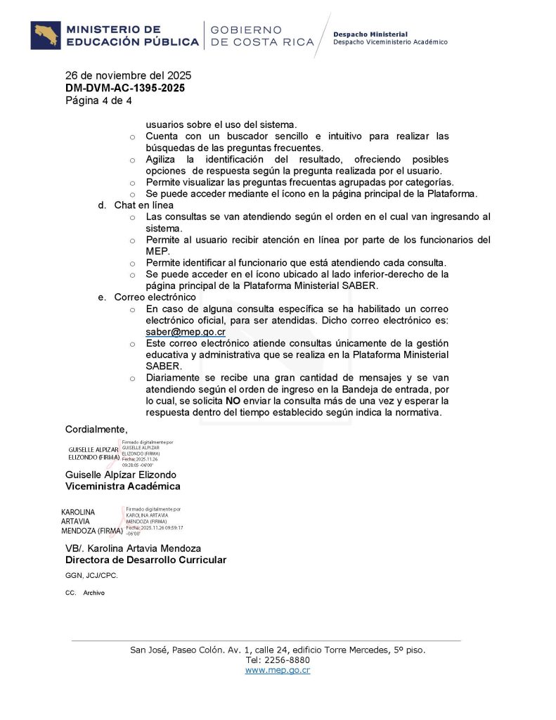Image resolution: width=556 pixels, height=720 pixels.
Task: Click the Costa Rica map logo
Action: click(x=45, y=36)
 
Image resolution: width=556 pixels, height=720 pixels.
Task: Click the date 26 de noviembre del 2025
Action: click(x=128, y=75)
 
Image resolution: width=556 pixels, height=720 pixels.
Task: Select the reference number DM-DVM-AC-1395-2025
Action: click(x=125, y=88)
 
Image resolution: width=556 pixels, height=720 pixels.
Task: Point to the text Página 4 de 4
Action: click(x=98, y=101)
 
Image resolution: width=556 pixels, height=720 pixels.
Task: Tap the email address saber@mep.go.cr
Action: click(x=186, y=332)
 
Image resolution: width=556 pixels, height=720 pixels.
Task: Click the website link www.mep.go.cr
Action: click(x=278, y=670)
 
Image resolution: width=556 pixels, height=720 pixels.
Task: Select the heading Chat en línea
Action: click(x=143, y=205)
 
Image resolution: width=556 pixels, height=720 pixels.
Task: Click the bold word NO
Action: click(x=233, y=401)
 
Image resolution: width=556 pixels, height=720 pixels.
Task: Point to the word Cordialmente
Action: click(x=96, y=429)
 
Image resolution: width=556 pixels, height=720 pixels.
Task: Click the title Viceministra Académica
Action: click(x=122, y=486)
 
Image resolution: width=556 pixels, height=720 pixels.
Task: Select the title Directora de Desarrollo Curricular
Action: click(x=146, y=560)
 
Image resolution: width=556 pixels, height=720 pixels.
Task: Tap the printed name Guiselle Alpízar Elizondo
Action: click(x=121, y=475)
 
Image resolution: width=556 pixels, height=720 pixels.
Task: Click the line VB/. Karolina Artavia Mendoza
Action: click(x=133, y=548)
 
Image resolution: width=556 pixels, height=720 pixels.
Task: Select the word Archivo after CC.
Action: click(x=93, y=593)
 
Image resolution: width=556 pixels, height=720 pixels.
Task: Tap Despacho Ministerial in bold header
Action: click(x=370, y=34)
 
